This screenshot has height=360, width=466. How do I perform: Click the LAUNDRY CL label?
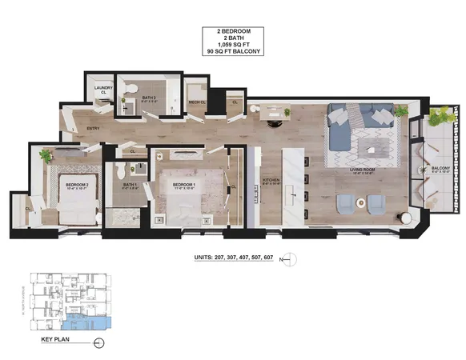click(103, 90)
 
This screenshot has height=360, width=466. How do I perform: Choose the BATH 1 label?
click(130, 185)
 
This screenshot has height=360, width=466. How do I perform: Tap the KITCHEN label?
click(271, 181)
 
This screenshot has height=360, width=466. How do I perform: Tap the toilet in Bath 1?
click(139, 167)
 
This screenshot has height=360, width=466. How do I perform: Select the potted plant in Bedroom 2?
click(46, 155)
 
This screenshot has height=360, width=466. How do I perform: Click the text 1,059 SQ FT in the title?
click(233, 45)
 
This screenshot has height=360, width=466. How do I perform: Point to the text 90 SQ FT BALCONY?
click(233, 52)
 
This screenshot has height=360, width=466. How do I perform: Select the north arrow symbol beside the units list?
click(291, 258)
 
